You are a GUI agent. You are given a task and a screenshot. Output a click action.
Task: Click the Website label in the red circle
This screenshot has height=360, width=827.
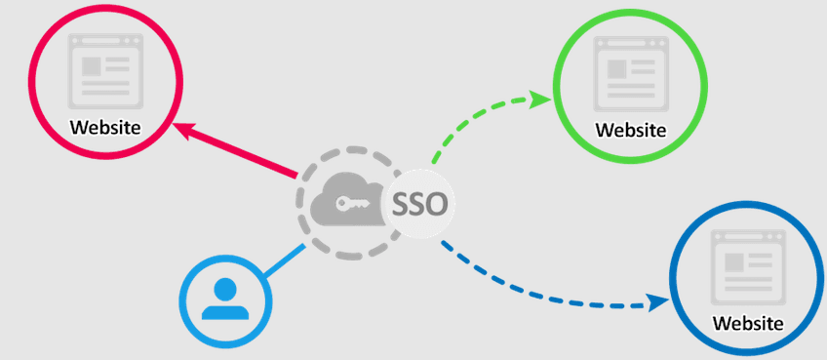pos(105,127)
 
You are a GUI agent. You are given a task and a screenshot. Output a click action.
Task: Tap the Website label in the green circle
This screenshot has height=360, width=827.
pos(631,130)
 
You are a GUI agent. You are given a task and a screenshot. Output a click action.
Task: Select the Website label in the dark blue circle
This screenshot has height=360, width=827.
pos(748,322)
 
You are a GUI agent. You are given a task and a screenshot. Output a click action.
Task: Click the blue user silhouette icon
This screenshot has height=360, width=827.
pos(226,299)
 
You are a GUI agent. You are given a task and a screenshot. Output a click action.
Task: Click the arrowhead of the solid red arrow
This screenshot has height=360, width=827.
pos(181,128)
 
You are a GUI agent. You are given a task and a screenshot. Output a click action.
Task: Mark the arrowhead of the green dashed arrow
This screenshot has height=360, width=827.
pos(542,98)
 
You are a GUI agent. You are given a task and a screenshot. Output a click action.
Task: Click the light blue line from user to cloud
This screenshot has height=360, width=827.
pos(284,261)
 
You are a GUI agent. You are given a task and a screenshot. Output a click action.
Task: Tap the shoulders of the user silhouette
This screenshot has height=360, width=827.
pos(226,311)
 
